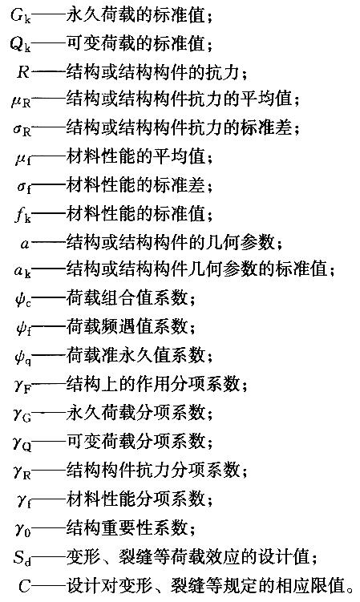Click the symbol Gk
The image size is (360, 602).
pos(21,17)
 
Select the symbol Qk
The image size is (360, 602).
pos(20,45)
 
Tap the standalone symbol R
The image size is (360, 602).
pos(23,72)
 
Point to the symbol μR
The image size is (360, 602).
pos(21,101)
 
